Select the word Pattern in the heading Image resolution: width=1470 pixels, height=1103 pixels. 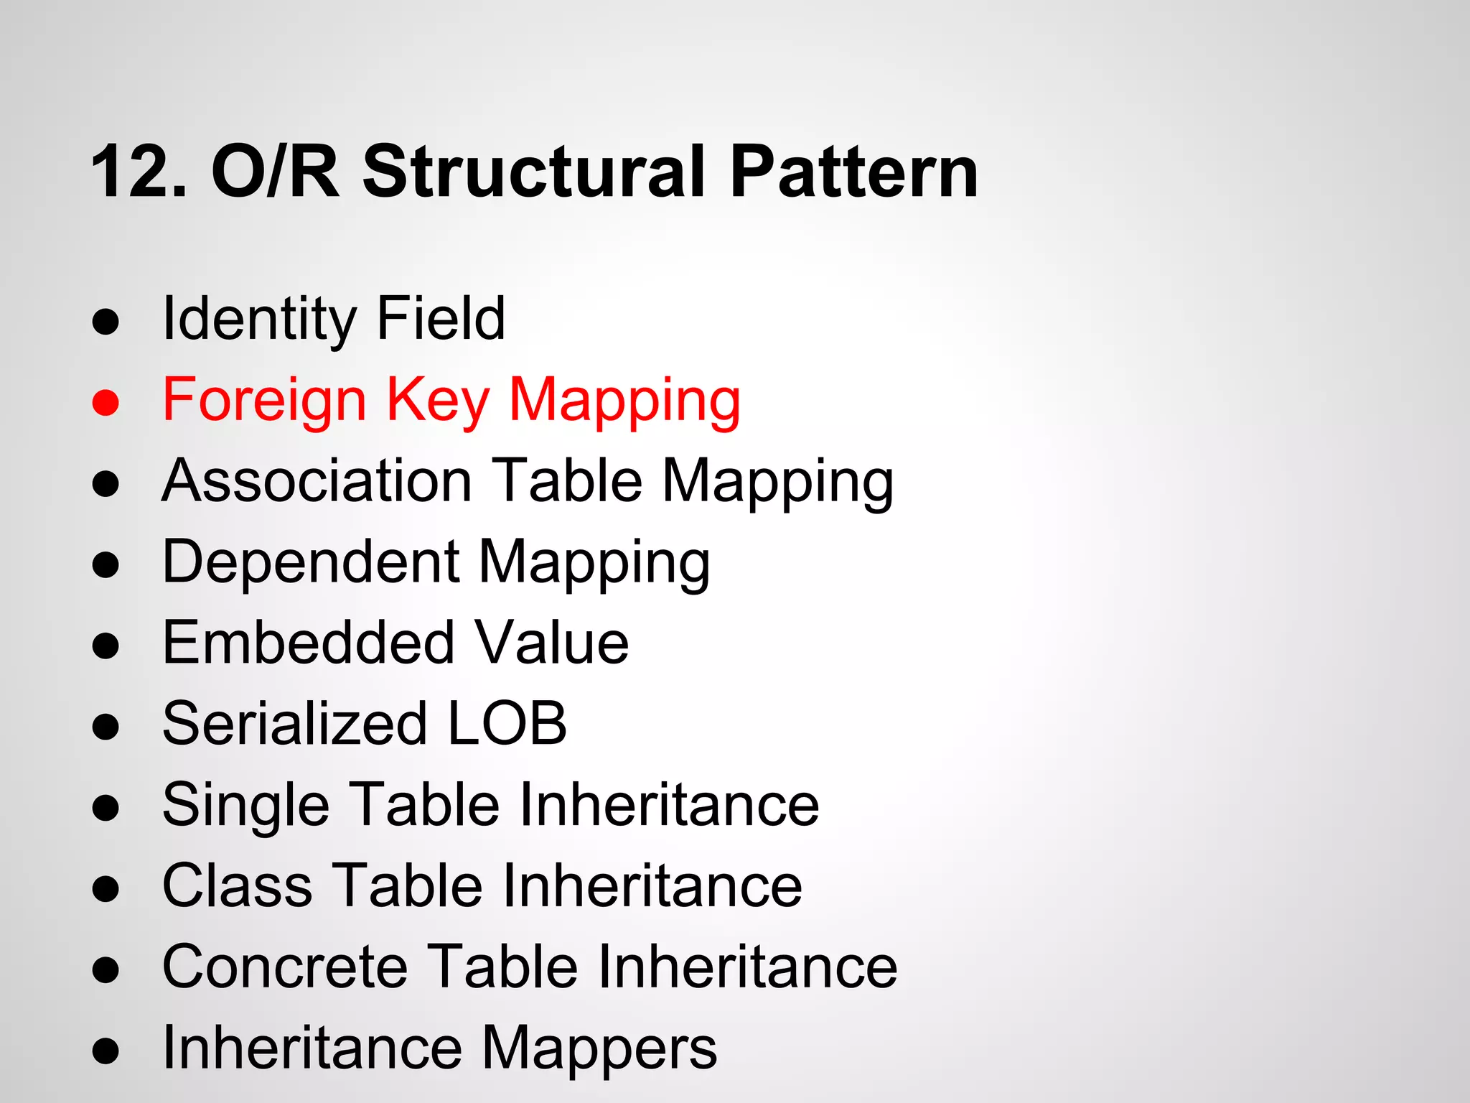853,172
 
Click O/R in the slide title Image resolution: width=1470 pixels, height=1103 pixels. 275,172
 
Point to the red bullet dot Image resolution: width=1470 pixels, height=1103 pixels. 106,402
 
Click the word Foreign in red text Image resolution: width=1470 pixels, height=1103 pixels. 264,401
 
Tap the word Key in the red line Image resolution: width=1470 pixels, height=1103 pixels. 438,401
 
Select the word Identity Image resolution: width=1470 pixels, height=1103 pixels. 258,320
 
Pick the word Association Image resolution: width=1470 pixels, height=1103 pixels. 317,480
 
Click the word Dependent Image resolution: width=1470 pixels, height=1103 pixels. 311,562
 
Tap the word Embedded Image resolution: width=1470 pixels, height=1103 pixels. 309,643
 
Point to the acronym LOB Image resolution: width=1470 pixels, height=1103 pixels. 507,724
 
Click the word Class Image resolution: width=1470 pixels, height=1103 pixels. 238,885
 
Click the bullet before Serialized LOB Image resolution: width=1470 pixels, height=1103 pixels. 106,726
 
